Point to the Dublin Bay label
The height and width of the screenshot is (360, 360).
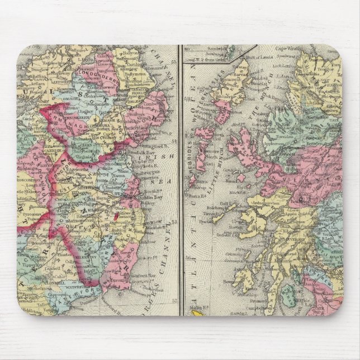click(148, 197)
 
